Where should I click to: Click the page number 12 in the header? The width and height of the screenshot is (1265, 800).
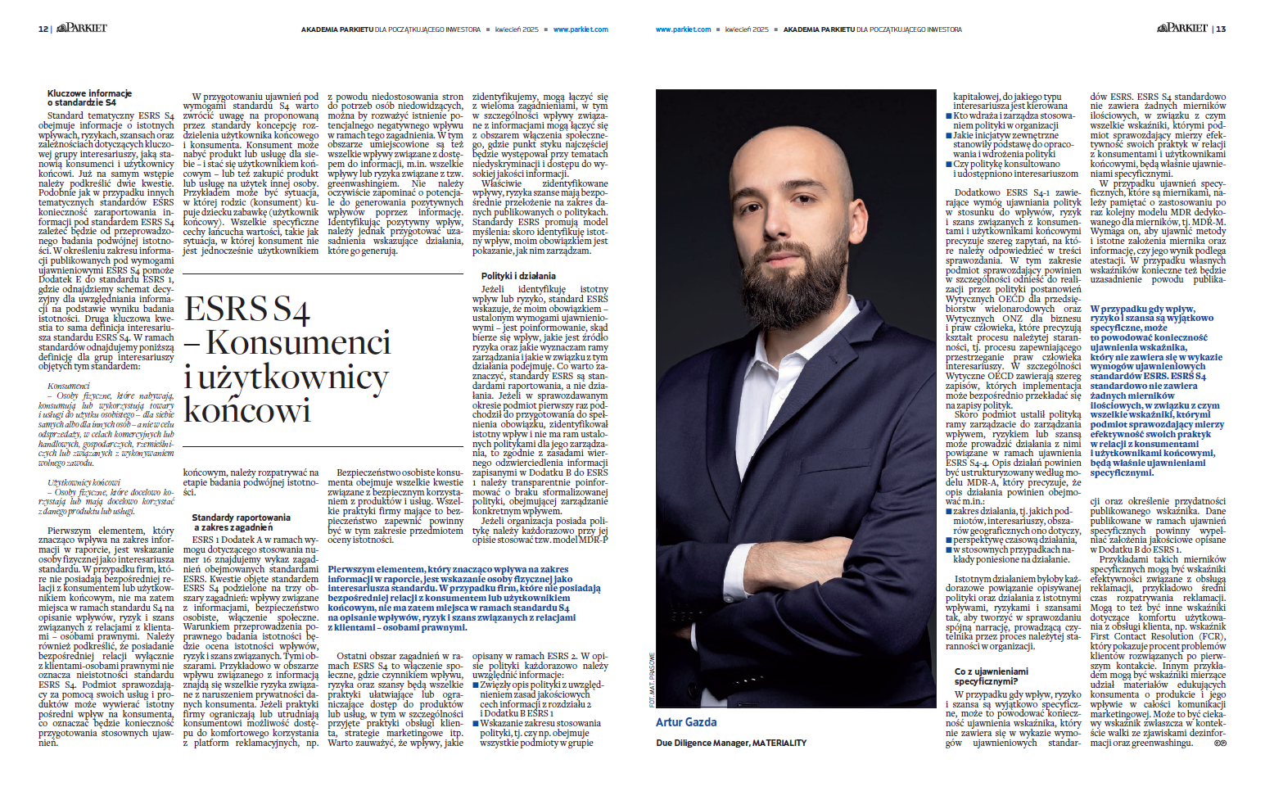point(43,29)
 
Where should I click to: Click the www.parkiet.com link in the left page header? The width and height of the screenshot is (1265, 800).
point(581,29)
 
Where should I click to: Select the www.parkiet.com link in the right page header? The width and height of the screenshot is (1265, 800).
point(683,29)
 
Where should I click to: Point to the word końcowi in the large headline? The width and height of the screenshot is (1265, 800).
point(247,410)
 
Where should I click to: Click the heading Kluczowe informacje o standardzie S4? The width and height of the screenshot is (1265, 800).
point(89,98)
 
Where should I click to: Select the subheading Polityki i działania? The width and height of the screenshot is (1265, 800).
point(518,276)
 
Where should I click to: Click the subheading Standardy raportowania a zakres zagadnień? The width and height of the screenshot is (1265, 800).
point(241,522)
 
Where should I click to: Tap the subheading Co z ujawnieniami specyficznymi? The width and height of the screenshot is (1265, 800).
point(991,676)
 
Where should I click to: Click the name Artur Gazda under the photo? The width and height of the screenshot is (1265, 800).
point(686,722)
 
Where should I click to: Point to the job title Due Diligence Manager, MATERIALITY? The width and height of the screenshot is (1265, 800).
point(731,743)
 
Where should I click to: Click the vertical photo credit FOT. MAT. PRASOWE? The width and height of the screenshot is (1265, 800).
point(652,680)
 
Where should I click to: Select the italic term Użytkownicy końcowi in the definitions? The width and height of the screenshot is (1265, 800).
point(84,482)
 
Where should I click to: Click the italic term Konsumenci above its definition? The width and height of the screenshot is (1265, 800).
point(69,386)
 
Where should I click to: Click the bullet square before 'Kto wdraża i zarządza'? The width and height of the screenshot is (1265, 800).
point(949,116)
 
